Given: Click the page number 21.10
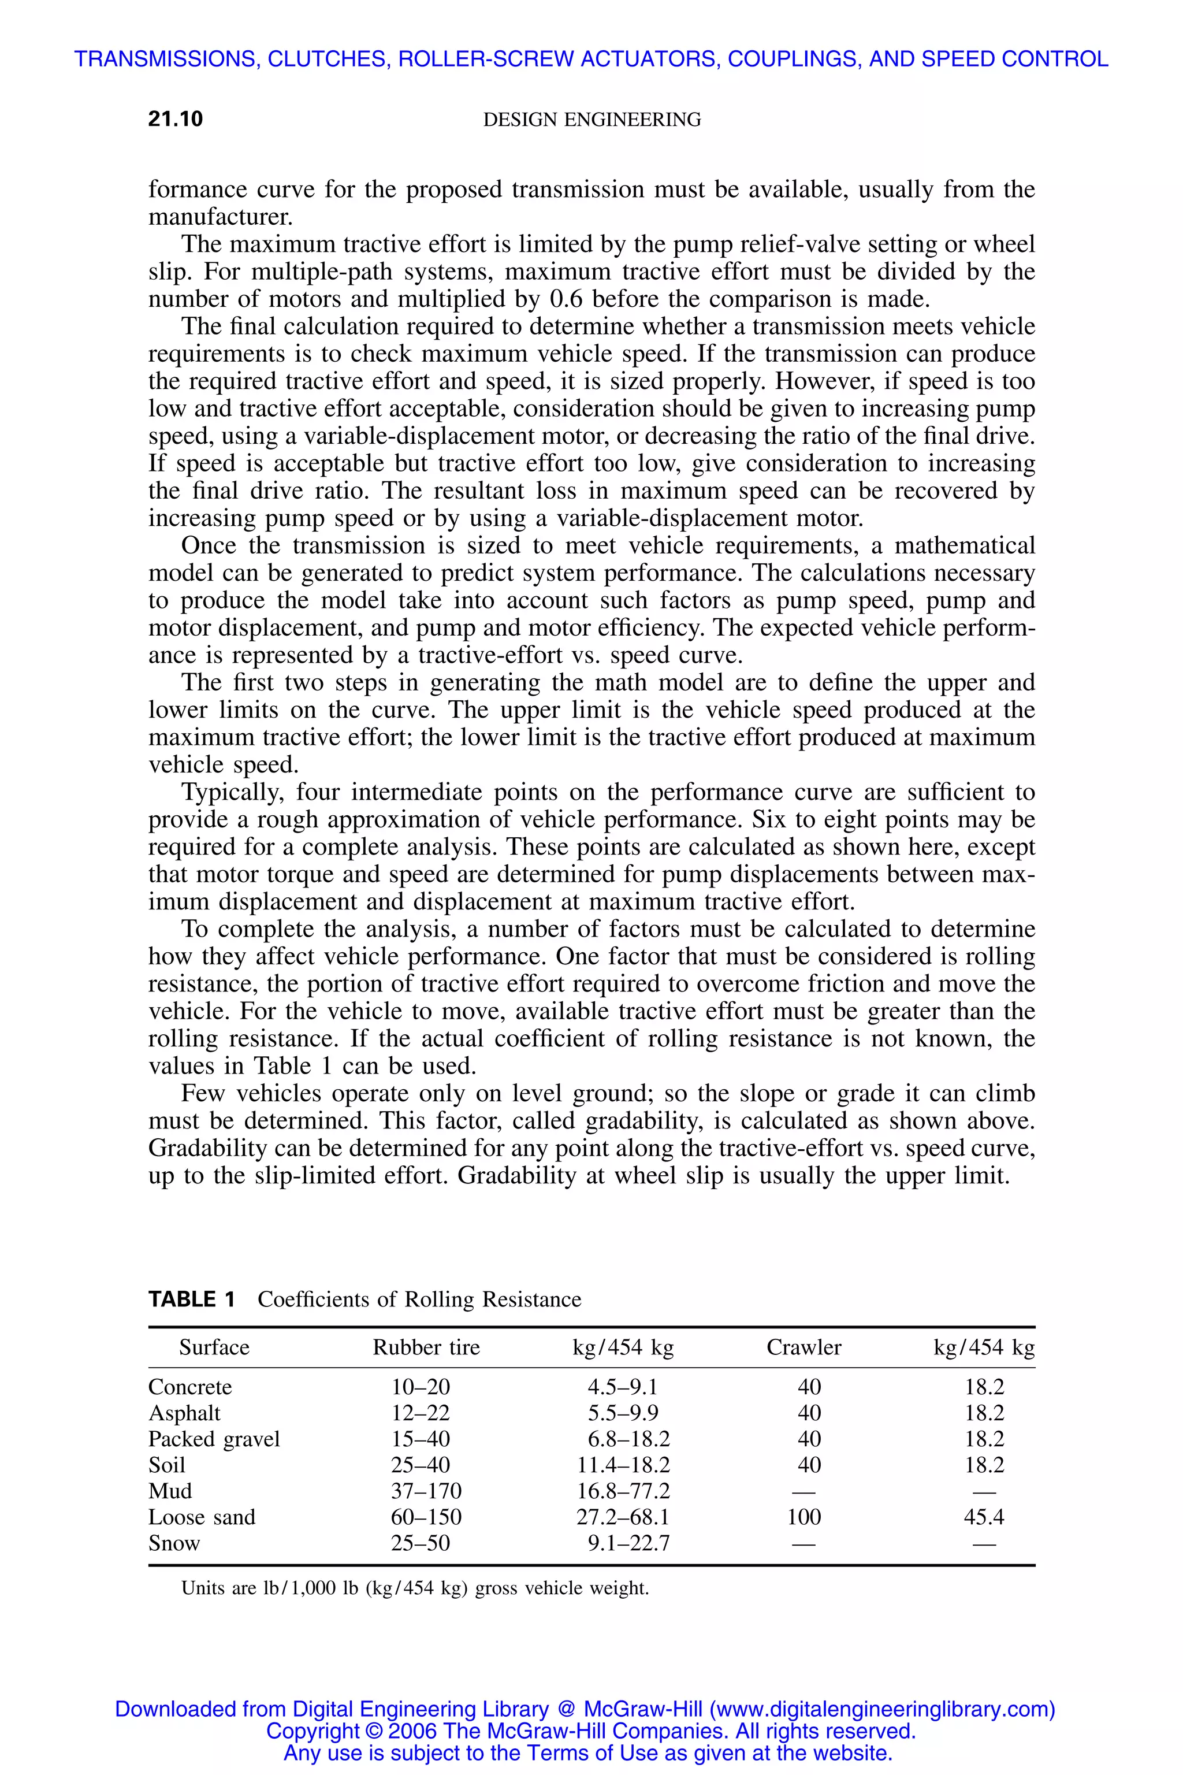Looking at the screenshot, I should [x=176, y=119].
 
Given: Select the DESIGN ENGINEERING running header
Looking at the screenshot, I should [x=591, y=119].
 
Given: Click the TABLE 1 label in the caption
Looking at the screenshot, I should [x=192, y=1299].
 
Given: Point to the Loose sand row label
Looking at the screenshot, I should [x=202, y=1517].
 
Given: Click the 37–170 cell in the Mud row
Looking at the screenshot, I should [x=426, y=1491].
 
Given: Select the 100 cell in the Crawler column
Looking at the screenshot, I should [x=803, y=1517].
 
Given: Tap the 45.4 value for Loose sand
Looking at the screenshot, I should [x=984, y=1517].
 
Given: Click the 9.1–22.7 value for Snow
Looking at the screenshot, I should [x=628, y=1543].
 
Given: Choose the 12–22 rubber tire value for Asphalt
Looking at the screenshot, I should [x=421, y=1413].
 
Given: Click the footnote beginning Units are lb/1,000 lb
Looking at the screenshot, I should [x=415, y=1588].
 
